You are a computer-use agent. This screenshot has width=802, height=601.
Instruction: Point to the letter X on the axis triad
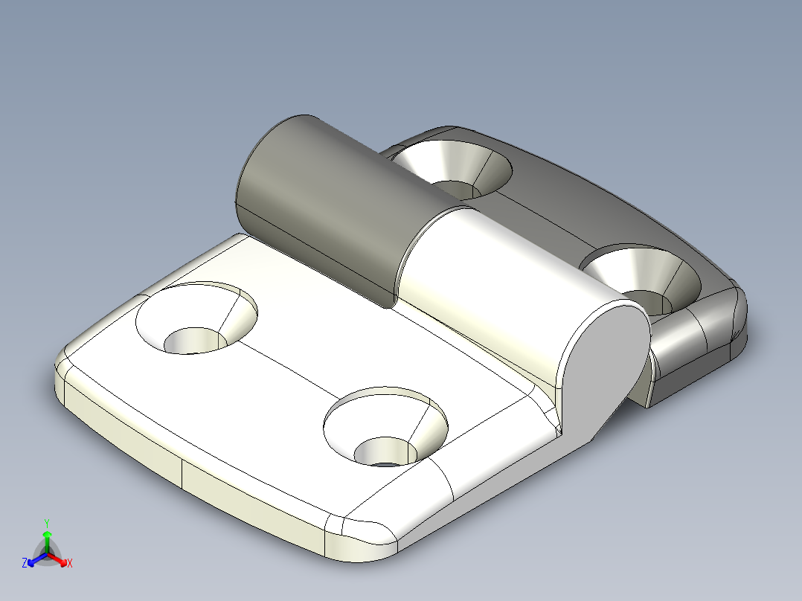[69, 564]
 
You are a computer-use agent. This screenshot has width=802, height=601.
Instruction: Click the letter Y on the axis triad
[47, 523]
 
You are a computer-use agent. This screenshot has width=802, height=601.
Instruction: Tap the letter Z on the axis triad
[25, 564]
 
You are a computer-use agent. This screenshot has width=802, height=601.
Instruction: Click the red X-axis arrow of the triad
[60, 560]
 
